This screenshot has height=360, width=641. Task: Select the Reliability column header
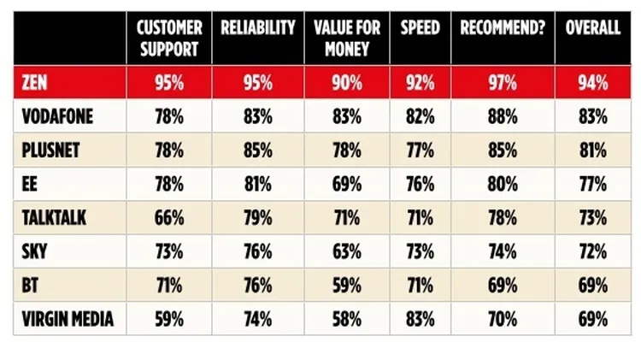[257, 28]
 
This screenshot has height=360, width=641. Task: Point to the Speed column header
[420, 28]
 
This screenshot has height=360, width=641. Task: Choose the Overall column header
[592, 28]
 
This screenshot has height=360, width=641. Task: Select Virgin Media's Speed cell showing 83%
[420, 319]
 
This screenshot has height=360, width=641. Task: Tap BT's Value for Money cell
[346, 285]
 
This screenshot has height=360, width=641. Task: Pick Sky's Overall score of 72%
[592, 251]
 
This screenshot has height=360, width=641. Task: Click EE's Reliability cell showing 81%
[257, 184]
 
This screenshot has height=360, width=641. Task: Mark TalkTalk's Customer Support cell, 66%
[168, 218]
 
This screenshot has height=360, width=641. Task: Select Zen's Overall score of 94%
[592, 84]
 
